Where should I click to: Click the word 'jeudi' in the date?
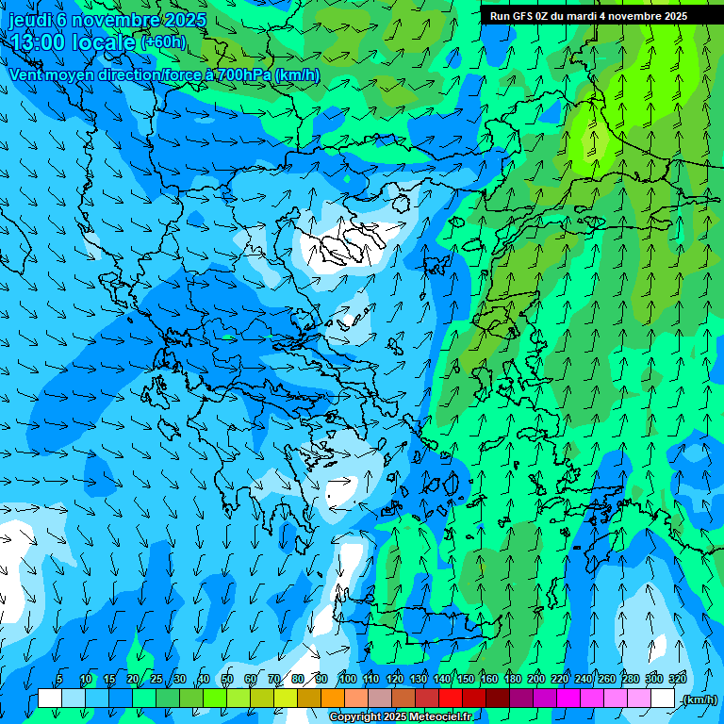tap(30, 20)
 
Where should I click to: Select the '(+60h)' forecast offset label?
tap(163, 42)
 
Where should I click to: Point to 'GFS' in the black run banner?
tap(524, 16)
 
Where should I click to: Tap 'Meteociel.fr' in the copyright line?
tap(435, 716)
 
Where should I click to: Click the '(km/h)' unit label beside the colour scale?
tap(699, 699)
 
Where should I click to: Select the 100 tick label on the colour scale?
tap(347, 679)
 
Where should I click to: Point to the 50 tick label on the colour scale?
tap(227, 679)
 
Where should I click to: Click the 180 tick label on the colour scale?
tap(513, 679)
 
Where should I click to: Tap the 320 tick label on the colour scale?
tap(678, 679)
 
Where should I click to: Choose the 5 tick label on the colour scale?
tap(59, 679)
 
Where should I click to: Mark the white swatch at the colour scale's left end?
tap(50, 699)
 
